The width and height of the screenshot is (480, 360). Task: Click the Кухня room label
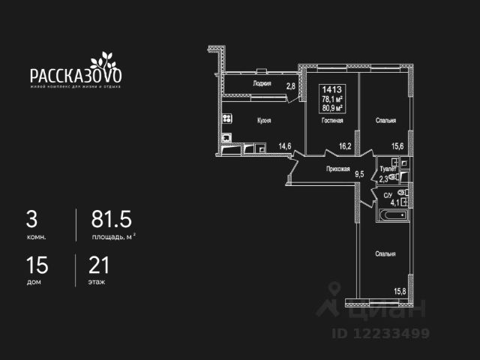tap(263, 120)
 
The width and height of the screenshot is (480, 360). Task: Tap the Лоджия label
tap(262, 84)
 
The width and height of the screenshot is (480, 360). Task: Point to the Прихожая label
tap(338, 169)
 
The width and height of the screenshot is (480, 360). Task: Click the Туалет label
tap(388, 169)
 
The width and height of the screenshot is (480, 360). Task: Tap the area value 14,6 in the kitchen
tap(285, 146)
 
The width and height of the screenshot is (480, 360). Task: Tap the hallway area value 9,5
tap(359, 175)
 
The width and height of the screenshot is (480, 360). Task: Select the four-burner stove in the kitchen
tap(226, 119)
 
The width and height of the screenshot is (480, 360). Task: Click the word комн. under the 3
tap(36, 237)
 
